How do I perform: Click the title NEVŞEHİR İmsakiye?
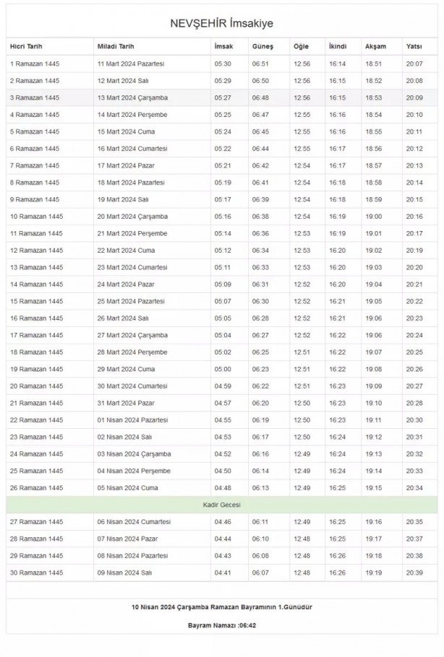click(221, 24)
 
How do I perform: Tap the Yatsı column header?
click(414, 47)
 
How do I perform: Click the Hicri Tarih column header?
click(27, 47)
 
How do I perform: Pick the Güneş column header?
click(262, 47)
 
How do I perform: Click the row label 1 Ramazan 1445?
click(35, 64)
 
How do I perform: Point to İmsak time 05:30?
click(223, 64)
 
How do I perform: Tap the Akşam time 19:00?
click(374, 217)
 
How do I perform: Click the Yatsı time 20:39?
click(414, 573)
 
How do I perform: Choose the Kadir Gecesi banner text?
click(221, 505)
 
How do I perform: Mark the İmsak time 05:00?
click(223, 369)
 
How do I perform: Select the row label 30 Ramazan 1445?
click(36, 573)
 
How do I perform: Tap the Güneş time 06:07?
click(260, 573)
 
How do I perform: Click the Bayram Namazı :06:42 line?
click(221, 625)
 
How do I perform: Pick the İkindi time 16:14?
click(337, 64)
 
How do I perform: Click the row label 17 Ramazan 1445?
click(36, 335)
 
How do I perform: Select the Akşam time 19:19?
click(374, 573)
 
